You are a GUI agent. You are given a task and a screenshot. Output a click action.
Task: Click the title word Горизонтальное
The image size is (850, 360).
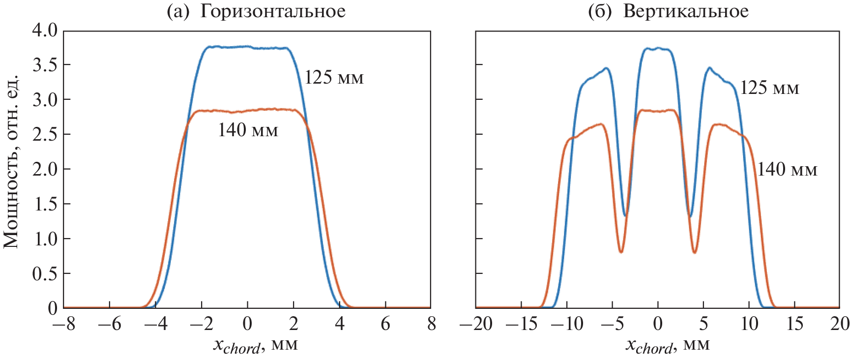click(272, 11)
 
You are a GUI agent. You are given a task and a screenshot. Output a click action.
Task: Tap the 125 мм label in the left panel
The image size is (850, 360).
click(334, 78)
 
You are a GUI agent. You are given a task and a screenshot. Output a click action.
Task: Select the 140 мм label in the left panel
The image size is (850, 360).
click(248, 130)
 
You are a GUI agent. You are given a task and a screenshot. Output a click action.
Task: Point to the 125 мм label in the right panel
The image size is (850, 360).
click(769, 88)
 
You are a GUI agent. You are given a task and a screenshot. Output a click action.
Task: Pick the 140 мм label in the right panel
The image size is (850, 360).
click(787, 170)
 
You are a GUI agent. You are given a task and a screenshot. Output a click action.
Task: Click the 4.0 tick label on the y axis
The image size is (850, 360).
click(45, 30)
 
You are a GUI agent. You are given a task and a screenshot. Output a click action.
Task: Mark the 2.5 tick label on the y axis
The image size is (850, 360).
click(45, 134)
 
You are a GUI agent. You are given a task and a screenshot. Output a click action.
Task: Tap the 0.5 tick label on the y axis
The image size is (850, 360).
click(45, 273)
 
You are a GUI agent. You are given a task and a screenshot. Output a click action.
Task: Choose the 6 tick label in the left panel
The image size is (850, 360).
click(385, 324)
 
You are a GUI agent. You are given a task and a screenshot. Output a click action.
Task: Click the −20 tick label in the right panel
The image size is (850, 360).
click(475, 324)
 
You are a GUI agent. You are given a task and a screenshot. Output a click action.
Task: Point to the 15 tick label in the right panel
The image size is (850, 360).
click(794, 324)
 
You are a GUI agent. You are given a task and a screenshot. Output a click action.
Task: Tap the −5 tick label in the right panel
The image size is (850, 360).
click(609, 324)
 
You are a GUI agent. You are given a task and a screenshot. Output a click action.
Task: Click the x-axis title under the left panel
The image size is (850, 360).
click(255, 345)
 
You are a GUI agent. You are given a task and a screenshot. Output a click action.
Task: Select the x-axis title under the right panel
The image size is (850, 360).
click(667, 345)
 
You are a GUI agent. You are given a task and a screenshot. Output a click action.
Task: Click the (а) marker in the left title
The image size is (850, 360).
click(177, 11)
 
